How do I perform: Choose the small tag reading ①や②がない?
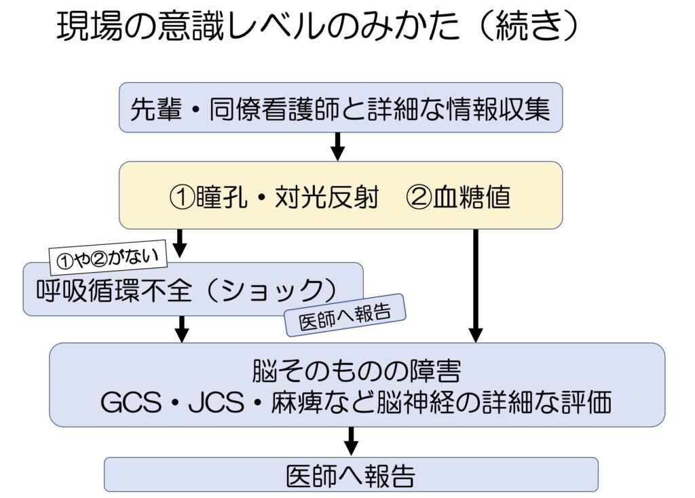coord(108,256)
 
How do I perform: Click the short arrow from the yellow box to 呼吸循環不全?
coord(181,242)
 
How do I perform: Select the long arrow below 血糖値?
coord(475,285)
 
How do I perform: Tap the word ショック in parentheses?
coord(271,291)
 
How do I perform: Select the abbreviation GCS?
coord(130,404)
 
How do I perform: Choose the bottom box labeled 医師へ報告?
coord(350,475)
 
